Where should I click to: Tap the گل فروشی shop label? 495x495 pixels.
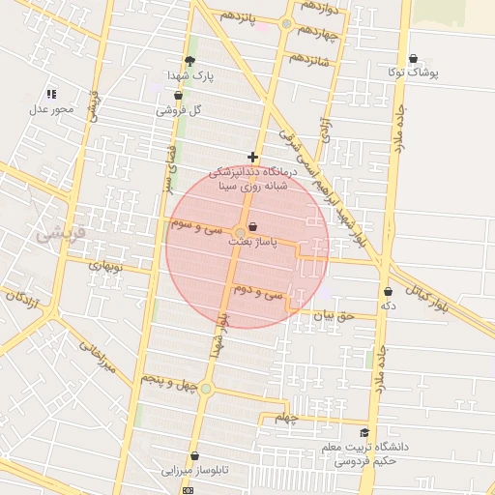click(x=183, y=110)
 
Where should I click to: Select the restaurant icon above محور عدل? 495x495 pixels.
click(x=51, y=94)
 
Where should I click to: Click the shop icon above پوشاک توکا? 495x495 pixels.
click(x=414, y=59)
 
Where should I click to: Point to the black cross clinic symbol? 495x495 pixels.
click(x=252, y=157)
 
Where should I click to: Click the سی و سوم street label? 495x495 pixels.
click(x=196, y=227)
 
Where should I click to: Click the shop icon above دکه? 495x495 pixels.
click(x=388, y=291)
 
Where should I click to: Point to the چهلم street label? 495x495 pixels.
click(x=283, y=418)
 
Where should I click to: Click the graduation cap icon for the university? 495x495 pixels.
click(x=364, y=433)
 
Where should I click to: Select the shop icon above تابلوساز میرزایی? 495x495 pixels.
click(x=194, y=455)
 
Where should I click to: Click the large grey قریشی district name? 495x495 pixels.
click(x=60, y=233)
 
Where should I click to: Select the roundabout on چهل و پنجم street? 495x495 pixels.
click(x=206, y=389)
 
